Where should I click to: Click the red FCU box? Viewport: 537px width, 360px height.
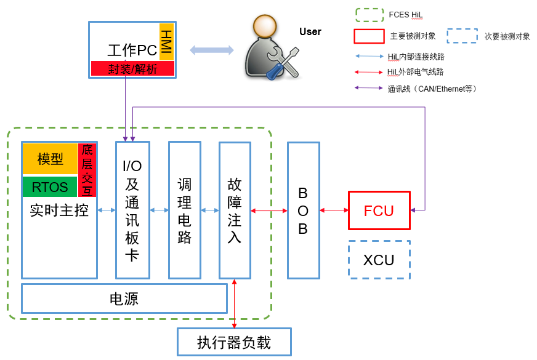[379, 210]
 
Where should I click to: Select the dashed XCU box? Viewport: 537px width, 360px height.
[379, 260]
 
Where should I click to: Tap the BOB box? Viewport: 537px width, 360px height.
[303, 210]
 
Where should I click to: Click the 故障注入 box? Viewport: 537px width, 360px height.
[235, 210]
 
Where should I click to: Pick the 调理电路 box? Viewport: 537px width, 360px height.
[184, 210]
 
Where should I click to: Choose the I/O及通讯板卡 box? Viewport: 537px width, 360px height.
[132, 210]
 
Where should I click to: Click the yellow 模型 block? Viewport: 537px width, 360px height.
[50, 159]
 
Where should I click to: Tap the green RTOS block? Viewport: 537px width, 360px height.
[50, 187]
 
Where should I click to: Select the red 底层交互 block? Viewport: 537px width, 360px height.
[87, 170]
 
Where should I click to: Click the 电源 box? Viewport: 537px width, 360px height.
[124, 299]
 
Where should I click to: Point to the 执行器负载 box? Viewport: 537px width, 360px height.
[234, 342]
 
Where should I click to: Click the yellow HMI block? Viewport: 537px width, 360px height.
[167, 42]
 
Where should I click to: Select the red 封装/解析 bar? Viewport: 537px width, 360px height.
[132, 69]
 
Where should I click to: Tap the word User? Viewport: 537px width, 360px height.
[310, 32]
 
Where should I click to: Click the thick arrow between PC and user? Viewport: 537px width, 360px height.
[211, 50]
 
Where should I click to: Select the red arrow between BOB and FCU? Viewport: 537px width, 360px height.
[334, 210]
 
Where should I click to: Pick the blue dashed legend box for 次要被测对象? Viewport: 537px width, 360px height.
[462, 36]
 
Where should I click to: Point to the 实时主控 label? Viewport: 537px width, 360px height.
[59, 211]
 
